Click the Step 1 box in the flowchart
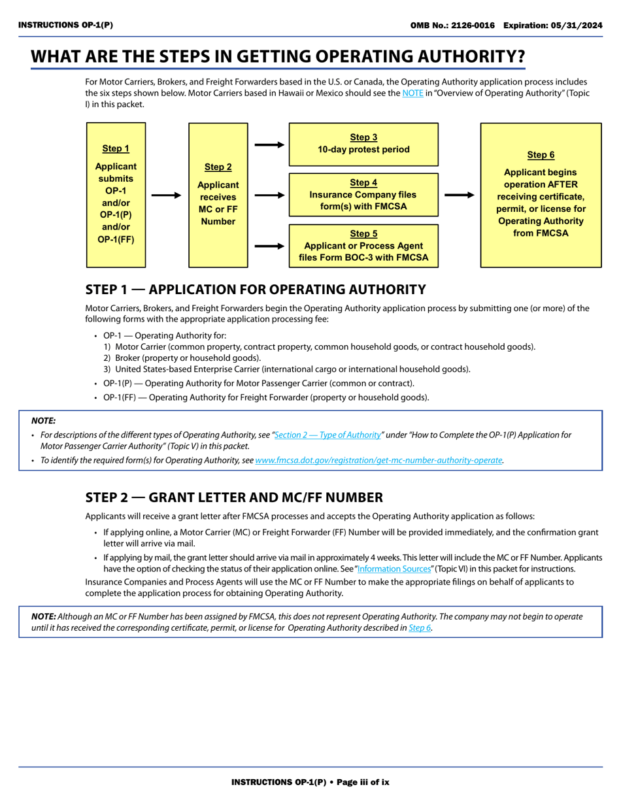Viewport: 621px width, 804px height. (116, 195)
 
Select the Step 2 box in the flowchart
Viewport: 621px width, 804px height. (218, 195)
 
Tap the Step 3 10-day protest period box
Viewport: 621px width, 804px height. (363, 144)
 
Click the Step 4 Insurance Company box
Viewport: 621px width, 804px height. (363, 195)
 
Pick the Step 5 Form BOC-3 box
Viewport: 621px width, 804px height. (363, 246)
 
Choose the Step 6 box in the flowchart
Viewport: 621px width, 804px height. (541, 195)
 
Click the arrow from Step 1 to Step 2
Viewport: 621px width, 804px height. (166, 195)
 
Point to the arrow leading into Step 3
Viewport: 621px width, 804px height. (269, 144)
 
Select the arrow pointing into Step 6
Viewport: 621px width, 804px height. (459, 195)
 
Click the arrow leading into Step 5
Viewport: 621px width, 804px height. (269, 246)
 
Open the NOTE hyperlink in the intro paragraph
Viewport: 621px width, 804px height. (412, 93)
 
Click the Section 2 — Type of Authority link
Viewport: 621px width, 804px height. (328, 435)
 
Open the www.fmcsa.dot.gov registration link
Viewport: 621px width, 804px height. (378, 460)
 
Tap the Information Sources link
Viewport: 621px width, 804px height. (395, 569)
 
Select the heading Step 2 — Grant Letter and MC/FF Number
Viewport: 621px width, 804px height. (234, 497)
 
